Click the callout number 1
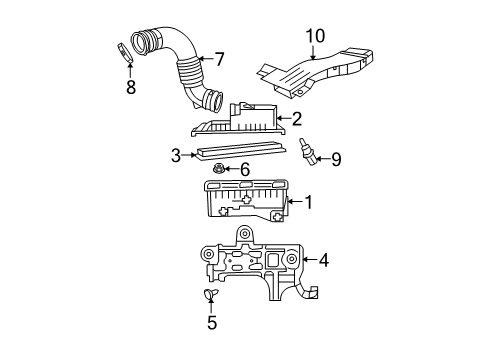[309, 201]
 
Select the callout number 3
[175, 155]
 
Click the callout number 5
[211, 322]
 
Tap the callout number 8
[130, 87]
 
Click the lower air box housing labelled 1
[245, 204]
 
